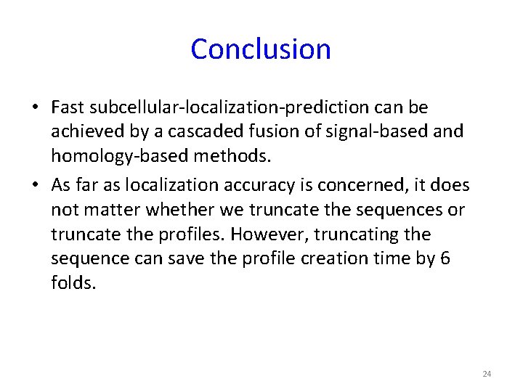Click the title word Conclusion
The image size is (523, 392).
click(x=261, y=49)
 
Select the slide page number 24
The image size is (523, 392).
click(x=487, y=374)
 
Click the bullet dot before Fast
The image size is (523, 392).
click(x=35, y=108)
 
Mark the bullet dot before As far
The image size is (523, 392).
click(x=35, y=185)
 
